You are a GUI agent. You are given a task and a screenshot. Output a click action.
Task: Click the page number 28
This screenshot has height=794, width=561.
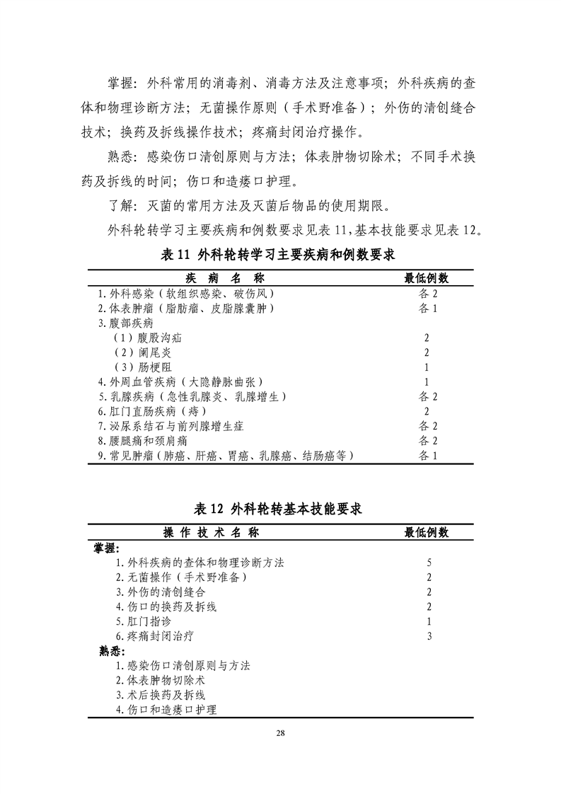280,733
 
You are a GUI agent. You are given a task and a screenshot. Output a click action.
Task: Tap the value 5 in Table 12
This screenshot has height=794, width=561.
429,563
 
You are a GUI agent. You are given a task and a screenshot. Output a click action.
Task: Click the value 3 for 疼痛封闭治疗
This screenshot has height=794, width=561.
429,636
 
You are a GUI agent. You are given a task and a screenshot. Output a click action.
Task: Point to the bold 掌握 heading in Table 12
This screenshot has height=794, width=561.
107,548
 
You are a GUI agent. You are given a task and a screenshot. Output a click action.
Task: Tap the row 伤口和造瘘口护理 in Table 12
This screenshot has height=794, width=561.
166,710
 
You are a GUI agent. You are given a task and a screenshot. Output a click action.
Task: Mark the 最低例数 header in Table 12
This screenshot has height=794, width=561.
427,532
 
